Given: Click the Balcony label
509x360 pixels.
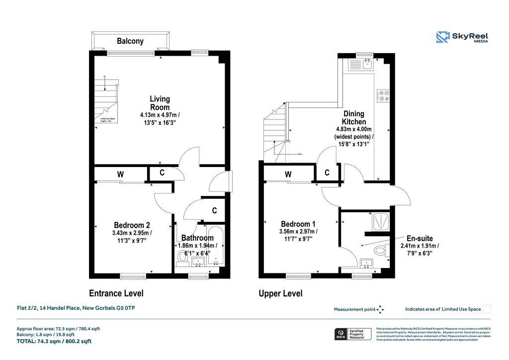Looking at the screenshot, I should tap(130, 41).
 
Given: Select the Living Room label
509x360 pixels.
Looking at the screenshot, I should tap(160, 103).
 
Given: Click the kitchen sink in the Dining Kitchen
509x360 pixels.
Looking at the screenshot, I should tap(367, 63).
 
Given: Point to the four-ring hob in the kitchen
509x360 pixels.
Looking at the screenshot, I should tap(383, 95).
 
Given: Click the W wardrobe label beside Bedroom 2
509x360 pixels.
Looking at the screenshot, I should tap(120, 175).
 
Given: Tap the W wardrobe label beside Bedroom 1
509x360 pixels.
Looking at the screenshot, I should tap(288, 174).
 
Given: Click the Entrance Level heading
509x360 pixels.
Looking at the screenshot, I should tap(116, 293).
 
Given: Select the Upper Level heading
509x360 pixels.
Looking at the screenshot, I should tap(280, 294).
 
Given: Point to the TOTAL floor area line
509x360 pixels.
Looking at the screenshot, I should tap(54, 342).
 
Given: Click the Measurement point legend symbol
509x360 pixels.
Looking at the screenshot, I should tap(380, 309).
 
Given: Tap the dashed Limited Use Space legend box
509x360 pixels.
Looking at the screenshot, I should tap(487, 309).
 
